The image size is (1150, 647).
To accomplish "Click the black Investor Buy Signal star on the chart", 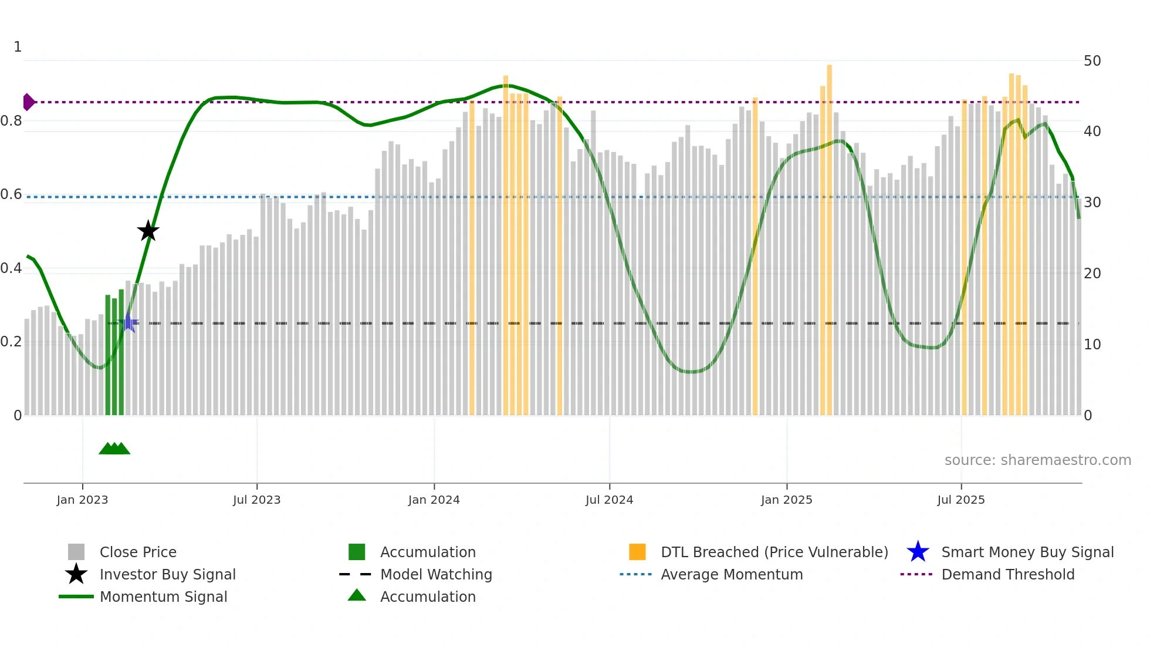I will (x=148, y=231).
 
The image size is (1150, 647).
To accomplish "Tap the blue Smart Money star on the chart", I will (x=128, y=323).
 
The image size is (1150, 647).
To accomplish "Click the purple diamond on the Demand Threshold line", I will (x=28, y=102).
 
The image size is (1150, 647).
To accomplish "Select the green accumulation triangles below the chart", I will (x=114, y=449).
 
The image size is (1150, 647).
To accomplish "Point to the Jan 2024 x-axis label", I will (x=434, y=500).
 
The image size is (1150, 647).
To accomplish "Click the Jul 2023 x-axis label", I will (x=256, y=500).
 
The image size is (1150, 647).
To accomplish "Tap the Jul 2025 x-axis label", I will (x=960, y=500).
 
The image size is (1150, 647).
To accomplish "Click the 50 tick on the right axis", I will (x=1092, y=61).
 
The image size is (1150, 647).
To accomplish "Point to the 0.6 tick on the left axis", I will (x=11, y=194).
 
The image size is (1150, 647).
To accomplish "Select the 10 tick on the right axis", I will (x=1092, y=345).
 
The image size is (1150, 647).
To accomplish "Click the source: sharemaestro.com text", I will (x=1037, y=460).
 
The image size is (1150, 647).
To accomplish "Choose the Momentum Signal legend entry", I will (x=163, y=597).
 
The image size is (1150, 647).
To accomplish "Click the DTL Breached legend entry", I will (x=774, y=552).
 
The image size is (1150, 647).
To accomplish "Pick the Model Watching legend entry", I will (x=435, y=574).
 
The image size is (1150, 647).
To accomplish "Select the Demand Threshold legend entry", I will (x=1007, y=574).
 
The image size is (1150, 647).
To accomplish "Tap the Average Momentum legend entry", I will (x=731, y=574).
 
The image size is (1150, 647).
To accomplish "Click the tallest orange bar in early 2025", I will (x=829, y=235).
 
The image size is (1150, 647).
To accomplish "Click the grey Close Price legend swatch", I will (x=76, y=552).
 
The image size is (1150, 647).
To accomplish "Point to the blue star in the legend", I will (x=918, y=552).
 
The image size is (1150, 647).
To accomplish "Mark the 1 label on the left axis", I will (x=18, y=47).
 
